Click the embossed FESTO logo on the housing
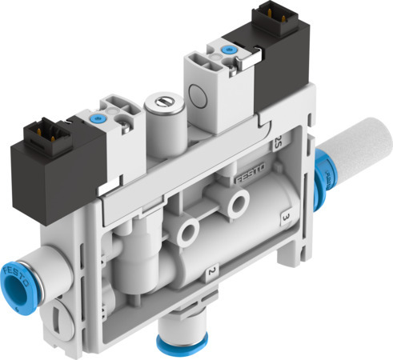click(x=250, y=175)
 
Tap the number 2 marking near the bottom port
click(x=209, y=272)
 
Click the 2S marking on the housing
click(x=278, y=144)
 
